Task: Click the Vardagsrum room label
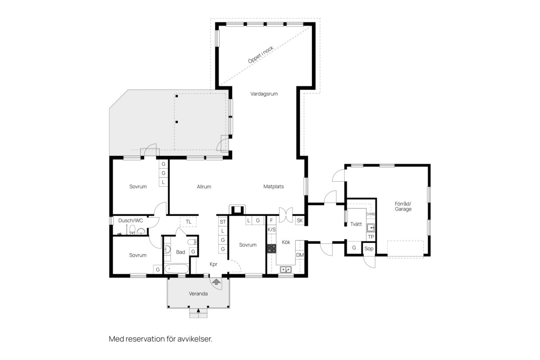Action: [264, 94]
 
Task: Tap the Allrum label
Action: [204, 187]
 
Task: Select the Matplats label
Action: [274, 186]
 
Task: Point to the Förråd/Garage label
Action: [403, 207]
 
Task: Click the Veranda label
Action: [198, 294]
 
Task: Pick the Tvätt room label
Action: [356, 224]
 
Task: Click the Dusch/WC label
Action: [130, 220]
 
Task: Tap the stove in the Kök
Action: [272, 248]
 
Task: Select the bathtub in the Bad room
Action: [177, 269]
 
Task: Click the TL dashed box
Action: [188, 222]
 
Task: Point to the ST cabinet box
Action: [223, 222]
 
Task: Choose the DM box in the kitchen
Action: [300, 255]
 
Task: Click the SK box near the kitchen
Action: [300, 220]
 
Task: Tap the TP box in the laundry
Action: [371, 237]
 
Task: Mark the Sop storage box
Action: [369, 248]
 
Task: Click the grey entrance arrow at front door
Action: [216, 282]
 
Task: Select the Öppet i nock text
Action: [261, 55]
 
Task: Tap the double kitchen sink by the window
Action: [286, 270]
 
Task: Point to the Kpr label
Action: [214, 264]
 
